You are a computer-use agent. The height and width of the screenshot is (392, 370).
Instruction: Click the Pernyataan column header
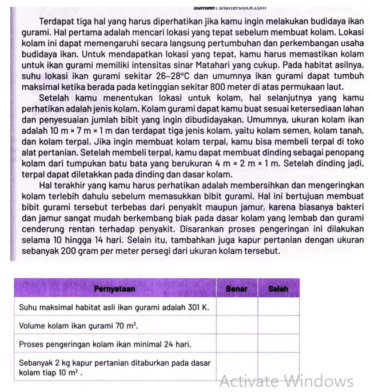point(114,288)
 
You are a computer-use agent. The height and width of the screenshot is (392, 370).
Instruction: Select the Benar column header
point(236,288)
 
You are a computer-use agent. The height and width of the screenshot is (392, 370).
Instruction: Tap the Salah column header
point(278,288)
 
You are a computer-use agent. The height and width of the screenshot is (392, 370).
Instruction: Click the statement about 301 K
point(114,307)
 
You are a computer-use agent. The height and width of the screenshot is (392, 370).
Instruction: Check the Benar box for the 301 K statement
point(236,307)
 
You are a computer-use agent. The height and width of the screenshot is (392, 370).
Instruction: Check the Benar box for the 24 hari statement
point(236,345)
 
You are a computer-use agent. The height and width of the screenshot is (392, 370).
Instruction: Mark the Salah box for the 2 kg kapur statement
point(278,367)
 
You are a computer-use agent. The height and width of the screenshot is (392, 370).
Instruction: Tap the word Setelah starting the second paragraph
point(57,98)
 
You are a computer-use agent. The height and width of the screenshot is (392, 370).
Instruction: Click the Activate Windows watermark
point(286,381)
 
